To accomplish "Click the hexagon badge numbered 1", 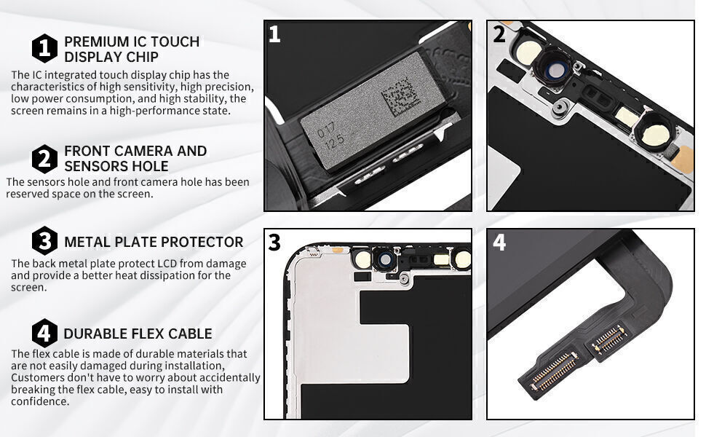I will click(44, 49).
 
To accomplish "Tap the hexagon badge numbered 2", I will click(44, 158).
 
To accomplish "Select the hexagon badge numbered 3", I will click(44, 241).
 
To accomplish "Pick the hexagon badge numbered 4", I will click(44, 334).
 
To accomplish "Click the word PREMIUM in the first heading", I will click(92, 42).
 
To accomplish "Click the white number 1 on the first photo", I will click(274, 35).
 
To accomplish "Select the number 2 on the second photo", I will click(499, 35).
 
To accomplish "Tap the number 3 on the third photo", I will click(274, 243).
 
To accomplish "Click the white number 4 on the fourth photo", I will click(499, 243).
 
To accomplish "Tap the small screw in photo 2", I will click(558, 109).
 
